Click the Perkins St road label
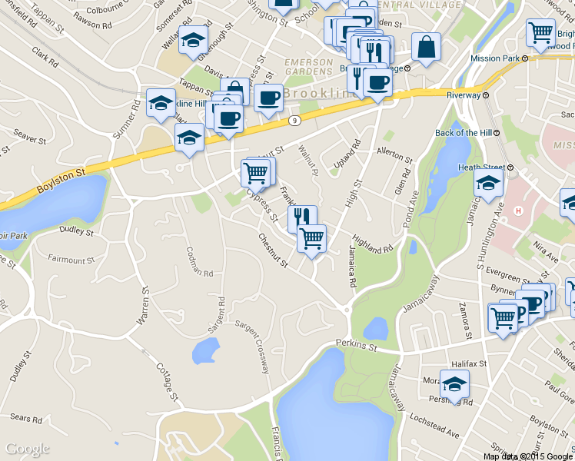coord(357,347)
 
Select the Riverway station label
coord(464,96)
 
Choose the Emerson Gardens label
coord(308,68)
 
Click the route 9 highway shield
coord(294,121)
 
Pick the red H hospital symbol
coord(518,211)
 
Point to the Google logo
coord(27,448)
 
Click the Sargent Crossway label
coord(254,347)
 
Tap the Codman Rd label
coord(199,262)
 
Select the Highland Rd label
coord(373,244)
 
